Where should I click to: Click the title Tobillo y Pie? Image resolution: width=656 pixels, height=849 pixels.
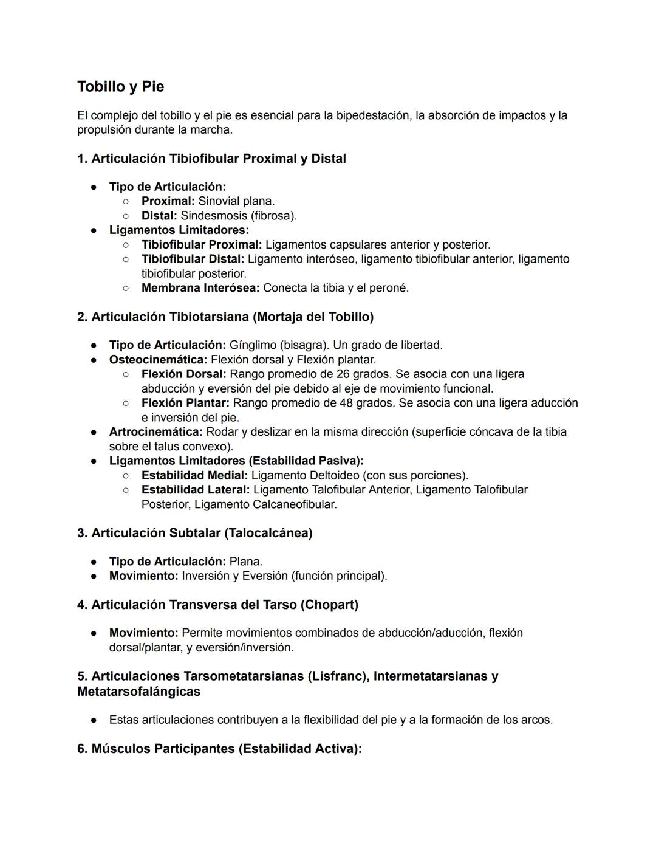click(120, 86)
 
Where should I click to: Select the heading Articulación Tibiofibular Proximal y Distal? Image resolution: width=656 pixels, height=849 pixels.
click(211, 159)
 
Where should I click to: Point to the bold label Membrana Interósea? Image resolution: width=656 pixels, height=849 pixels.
click(200, 288)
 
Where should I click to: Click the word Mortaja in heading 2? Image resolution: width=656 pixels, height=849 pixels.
click(279, 317)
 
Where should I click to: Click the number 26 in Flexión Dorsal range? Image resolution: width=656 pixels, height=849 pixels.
click(343, 374)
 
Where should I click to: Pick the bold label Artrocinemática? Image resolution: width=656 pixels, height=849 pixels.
click(155, 432)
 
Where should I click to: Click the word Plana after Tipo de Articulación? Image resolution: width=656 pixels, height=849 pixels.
click(245, 562)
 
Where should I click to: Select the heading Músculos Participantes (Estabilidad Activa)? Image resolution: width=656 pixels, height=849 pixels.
click(219, 749)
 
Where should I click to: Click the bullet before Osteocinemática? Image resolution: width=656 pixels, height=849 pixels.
click(94, 360)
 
